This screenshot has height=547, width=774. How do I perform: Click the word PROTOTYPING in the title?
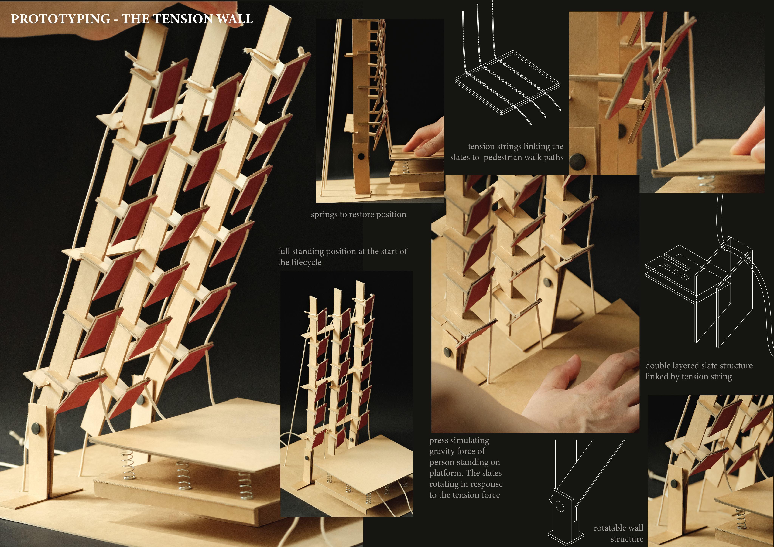pos(61,19)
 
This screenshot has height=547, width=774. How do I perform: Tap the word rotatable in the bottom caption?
pos(608,528)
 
